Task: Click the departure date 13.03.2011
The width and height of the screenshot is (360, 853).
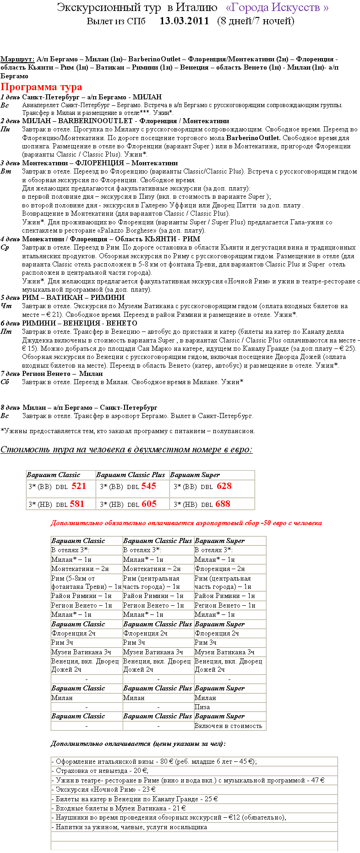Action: (x=184, y=21)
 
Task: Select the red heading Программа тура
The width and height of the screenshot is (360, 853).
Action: (x=41, y=87)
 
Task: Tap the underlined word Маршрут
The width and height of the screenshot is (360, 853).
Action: (x=17, y=59)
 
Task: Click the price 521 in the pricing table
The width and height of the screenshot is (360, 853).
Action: (x=79, y=486)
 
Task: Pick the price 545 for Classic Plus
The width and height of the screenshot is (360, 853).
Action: (x=148, y=486)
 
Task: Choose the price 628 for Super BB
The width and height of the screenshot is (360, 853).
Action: (x=224, y=486)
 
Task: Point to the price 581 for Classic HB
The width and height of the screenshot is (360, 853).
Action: (x=77, y=504)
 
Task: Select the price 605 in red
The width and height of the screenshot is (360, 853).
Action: (x=149, y=504)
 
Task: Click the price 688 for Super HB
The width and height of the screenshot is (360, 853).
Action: (x=223, y=504)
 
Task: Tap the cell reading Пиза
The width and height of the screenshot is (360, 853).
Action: (x=202, y=707)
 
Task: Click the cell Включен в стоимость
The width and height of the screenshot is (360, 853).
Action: (x=228, y=726)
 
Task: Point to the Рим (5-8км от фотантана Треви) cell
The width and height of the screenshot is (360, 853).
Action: (x=86, y=582)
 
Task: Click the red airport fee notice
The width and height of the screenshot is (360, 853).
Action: (x=186, y=523)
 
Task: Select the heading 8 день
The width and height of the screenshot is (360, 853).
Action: (x=10, y=407)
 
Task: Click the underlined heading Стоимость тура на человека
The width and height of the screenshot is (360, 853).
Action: (x=126, y=450)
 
